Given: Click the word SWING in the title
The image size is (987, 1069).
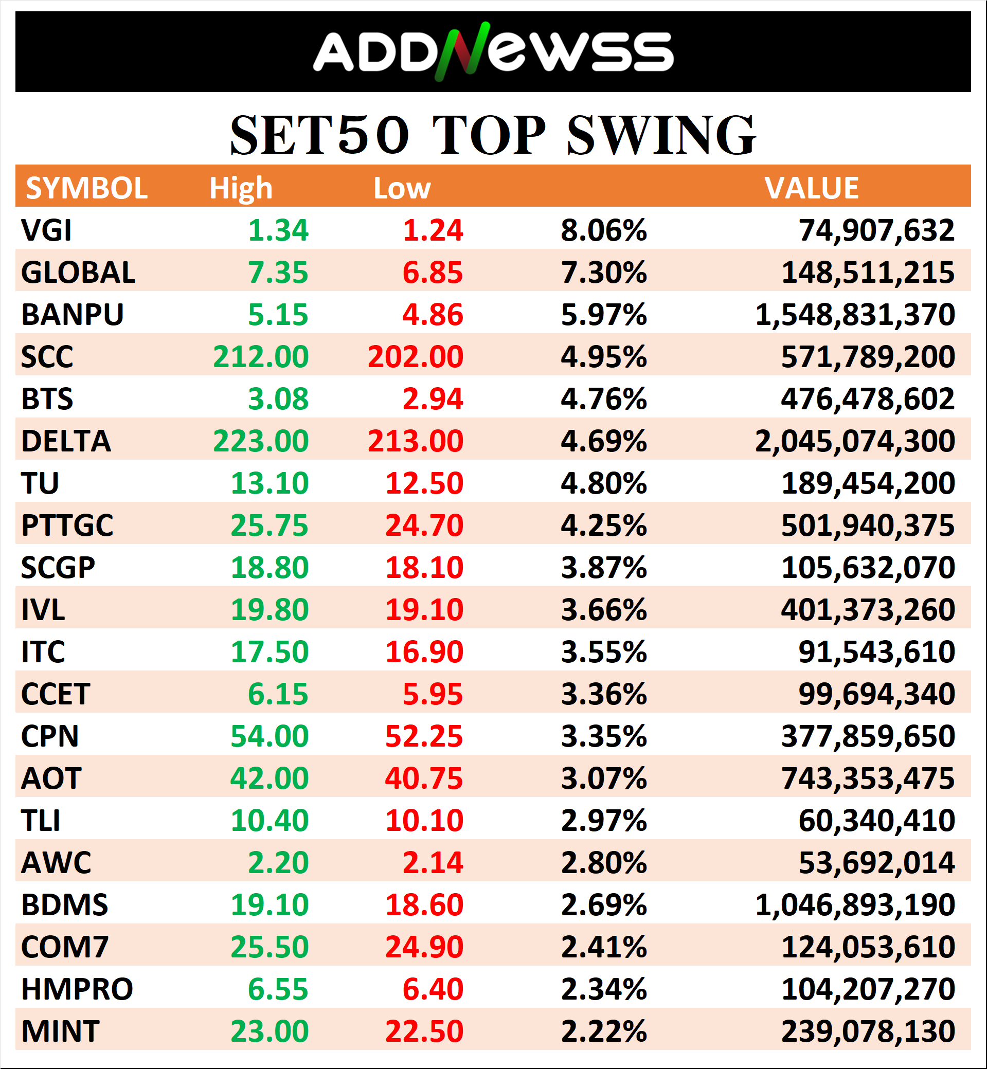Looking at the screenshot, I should [x=661, y=136].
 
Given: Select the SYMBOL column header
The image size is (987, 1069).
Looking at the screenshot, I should [x=86, y=188].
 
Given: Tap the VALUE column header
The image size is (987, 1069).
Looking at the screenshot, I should [x=811, y=188].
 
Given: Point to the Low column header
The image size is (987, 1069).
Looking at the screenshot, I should [x=402, y=188].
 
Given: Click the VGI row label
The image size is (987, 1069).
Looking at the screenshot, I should [x=46, y=231].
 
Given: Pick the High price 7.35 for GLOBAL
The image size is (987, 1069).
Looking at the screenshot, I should [x=278, y=273].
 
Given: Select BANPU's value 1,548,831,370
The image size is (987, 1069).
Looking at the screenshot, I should [x=854, y=315].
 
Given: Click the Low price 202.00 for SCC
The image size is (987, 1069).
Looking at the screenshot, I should [x=415, y=357].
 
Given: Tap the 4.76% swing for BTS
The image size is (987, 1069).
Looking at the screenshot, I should [x=603, y=399].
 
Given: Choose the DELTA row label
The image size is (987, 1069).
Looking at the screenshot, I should [x=66, y=441].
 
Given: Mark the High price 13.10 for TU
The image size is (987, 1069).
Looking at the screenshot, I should [x=269, y=483].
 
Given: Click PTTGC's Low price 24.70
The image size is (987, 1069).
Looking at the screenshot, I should [x=424, y=526].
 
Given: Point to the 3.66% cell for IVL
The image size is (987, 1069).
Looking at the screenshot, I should [x=603, y=610].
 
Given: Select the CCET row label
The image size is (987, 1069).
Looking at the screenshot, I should [x=56, y=694].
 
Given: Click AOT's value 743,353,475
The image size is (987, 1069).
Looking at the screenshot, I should [x=867, y=778].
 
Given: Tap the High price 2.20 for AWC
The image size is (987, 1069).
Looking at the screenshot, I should [x=278, y=863].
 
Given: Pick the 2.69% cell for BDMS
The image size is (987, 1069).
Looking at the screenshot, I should [x=603, y=905].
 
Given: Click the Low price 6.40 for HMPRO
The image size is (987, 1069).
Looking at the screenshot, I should [x=433, y=989].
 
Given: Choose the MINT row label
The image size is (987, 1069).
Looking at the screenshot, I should [x=60, y=1031].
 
